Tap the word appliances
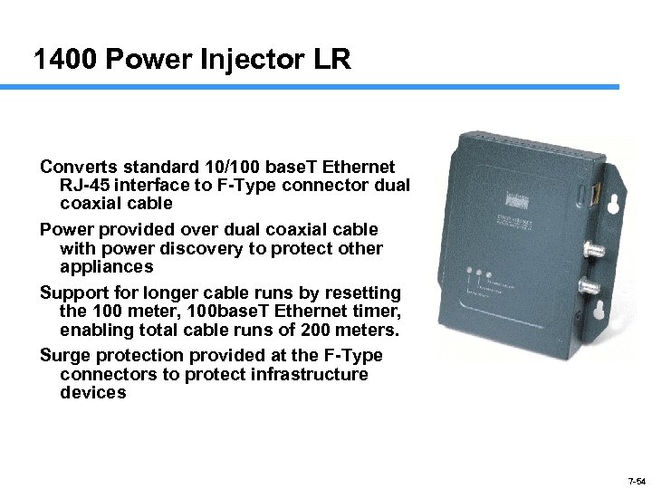(106, 267)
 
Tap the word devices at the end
(93, 393)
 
